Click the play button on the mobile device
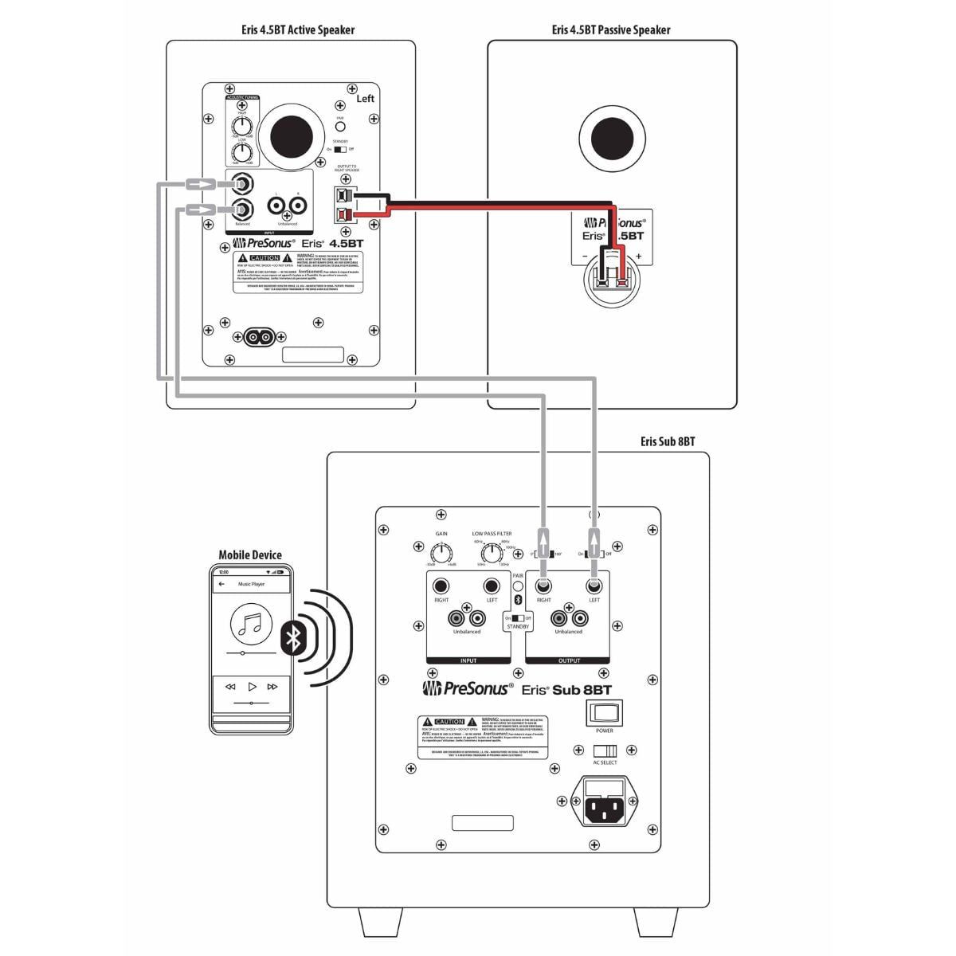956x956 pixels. click(x=252, y=687)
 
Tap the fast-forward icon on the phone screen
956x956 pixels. click(x=272, y=687)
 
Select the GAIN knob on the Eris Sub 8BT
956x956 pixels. click(x=441, y=552)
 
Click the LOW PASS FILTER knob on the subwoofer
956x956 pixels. click(x=493, y=551)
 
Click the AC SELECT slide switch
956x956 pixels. click(x=605, y=751)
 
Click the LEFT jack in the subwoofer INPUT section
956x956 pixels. click(x=492, y=586)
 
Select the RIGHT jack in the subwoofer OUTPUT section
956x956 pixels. click(x=543, y=587)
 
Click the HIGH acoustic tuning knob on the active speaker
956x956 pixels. click(x=242, y=126)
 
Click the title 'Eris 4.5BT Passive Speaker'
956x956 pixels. click(x=611, y=30)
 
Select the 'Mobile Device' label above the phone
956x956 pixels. click(x=250, y=555)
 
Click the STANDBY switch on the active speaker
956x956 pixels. click(x=340, y=149)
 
